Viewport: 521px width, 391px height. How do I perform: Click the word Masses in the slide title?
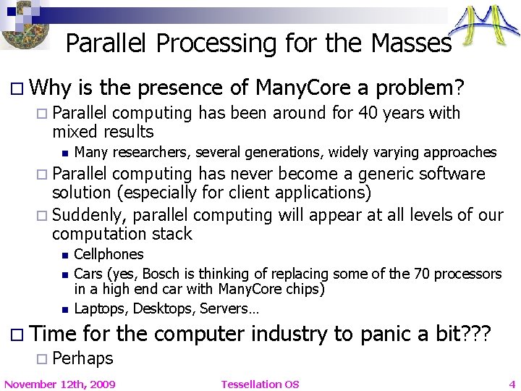(411, 43)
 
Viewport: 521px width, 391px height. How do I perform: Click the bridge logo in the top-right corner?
(486, 27)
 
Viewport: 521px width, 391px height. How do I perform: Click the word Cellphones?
(109, 254)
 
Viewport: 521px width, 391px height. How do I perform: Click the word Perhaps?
(82, 358)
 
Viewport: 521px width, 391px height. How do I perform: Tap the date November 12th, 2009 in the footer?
(59, 384)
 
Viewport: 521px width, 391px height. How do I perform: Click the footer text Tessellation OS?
(260, 384)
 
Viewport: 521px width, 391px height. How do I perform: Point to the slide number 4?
(512, 384)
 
